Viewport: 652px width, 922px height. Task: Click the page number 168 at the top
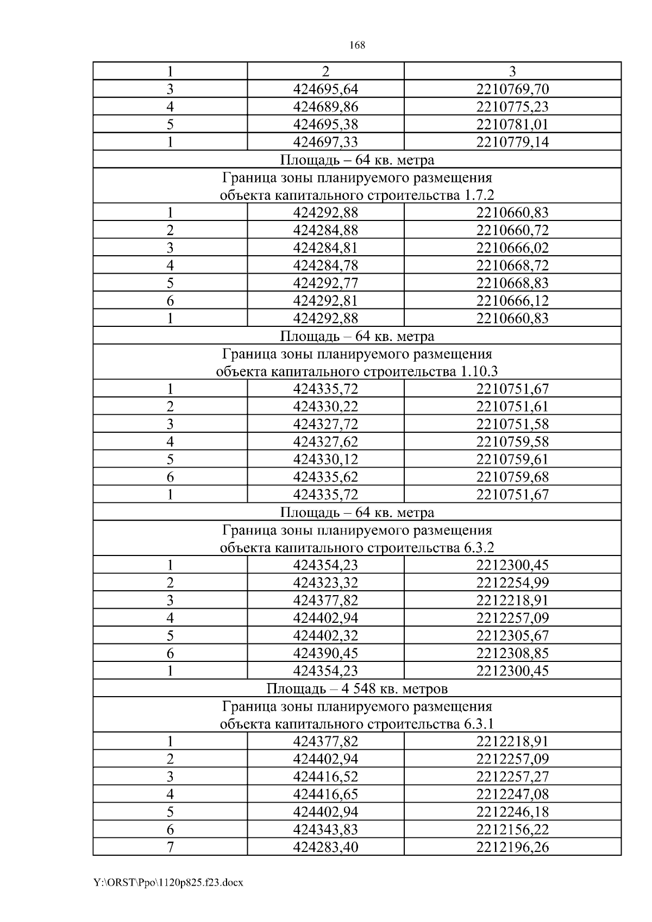click(x=357, y=46)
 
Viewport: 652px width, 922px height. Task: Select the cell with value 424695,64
click(x=325, y=89)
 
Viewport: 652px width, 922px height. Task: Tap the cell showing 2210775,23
click(x=512, y=107)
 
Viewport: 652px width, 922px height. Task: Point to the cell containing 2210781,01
click(x=512, y=124)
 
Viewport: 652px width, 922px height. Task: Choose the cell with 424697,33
click(x=325, y=142)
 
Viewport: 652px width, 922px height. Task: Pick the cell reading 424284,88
click(x=325, y=230)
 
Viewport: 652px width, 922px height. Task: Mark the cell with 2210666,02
click(x=512, y=248)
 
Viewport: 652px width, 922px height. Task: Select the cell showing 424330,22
click(x=325, y=407)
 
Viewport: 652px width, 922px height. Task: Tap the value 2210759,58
click(x=512, y=442)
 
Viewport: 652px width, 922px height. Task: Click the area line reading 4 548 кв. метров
click(x=357, y=689)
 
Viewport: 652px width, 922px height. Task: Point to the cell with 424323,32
click(x=325, y=583)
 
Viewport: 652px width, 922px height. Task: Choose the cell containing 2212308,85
click(x=512, y=653)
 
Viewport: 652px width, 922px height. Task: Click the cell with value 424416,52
click(x=325, y=777)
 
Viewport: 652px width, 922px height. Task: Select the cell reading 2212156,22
click(x=512, y=830)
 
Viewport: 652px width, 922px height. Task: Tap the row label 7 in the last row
click(x=170, y=847)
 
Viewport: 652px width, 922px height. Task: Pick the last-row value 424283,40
click(x=325, y=847)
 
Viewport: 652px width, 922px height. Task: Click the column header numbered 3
click(x=512, y=71)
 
